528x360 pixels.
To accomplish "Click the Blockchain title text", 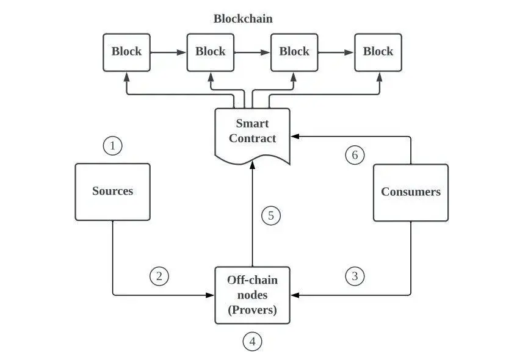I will pos(243,19).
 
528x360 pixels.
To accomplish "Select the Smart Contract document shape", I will pos(252,133).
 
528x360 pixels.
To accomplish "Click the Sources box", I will pos(112,192).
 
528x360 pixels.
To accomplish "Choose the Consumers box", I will pos(410,192).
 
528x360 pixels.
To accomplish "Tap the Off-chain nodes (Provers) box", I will pos(252,295).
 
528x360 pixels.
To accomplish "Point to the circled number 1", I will pos(112,146).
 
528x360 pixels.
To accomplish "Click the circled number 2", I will pos(159,276).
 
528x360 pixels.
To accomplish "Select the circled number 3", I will pos(355,276).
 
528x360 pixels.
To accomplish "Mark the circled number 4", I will pos(252,342).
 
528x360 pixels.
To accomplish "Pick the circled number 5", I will pos(271,215).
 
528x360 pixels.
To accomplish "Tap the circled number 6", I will pos(355,155).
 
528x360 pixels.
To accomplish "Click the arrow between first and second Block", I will pos(168,52).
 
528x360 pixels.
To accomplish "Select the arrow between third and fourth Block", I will pos(336,52).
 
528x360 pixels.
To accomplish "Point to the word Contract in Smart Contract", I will pos(253,139).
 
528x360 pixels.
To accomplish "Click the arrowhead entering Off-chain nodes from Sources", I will pos(210,295).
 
